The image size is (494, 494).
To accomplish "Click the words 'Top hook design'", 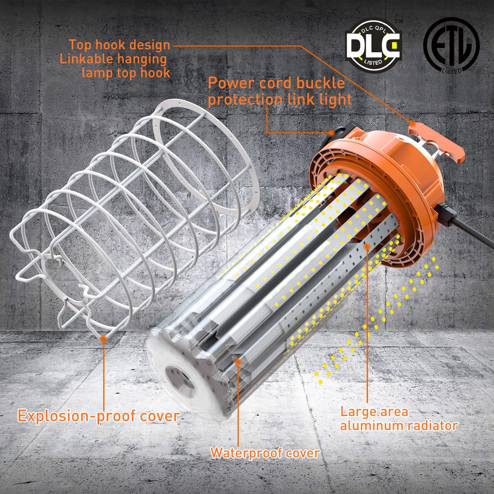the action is click(x=120, y=45).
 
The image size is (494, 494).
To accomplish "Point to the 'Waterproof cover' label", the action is click(x=265, y=453).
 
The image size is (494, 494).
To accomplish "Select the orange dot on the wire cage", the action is click(x=103, y=338).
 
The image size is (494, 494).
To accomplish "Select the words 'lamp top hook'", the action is click(x=126, y=73).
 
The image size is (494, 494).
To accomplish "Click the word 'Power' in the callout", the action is click(x=231, y=83).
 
